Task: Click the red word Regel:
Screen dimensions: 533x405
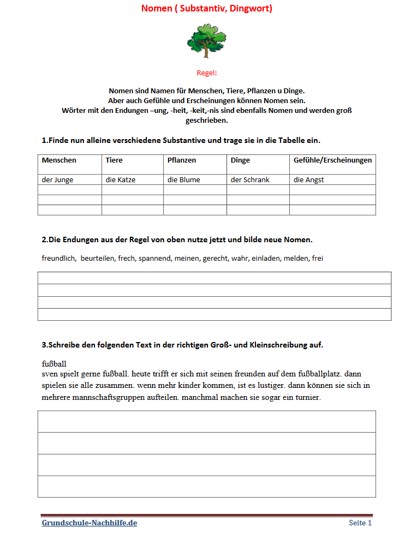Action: (207, 73)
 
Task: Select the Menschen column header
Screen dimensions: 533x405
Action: (59, 160)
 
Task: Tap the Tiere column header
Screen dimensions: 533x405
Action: (114, 160)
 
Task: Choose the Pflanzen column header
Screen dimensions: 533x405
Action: (182, 160)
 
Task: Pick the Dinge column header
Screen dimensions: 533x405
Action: (240, 160)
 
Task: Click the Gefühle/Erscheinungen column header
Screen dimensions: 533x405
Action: (332, 160)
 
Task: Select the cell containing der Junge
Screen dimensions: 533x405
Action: (57, 179)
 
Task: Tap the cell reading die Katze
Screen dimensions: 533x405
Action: (120, 179)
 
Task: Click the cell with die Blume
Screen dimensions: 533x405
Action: (183, 179)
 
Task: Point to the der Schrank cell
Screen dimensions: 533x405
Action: (250, 179)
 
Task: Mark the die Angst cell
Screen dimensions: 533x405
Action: (309, 179)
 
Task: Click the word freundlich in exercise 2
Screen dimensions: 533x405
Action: (58, 258)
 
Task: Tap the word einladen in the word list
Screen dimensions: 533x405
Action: (265, 258)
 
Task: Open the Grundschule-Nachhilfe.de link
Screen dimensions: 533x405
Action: (90, 523)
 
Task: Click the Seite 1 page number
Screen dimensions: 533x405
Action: (360, 523)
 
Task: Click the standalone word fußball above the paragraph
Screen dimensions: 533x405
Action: (54, 363)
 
